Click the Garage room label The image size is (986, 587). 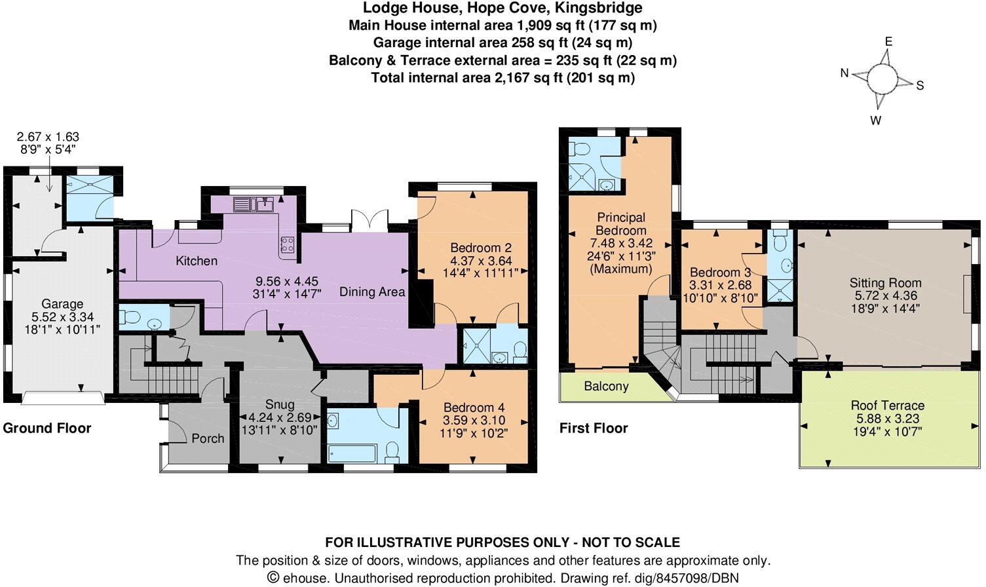coord(62,304)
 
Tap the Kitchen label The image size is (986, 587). coord(197,261)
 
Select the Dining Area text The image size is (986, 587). coord(372,292)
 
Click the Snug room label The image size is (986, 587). coord(279,404)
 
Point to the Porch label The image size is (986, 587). coord(208,438)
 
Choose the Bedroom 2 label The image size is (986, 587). coord(481,248)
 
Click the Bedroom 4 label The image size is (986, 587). coord(474,407)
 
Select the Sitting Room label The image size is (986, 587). coord(885,283)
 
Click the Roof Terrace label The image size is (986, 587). coord(888,406)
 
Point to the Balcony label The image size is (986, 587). coord(606,387)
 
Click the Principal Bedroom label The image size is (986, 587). coord(621,223)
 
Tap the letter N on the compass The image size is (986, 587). coord(845,73)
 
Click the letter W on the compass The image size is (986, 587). coord(875,120)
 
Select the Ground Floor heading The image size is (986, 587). coord(47,428)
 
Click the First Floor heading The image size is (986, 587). coord(594,428)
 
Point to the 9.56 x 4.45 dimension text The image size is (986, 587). coord(288,281)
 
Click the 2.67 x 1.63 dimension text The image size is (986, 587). coord(48,137)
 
